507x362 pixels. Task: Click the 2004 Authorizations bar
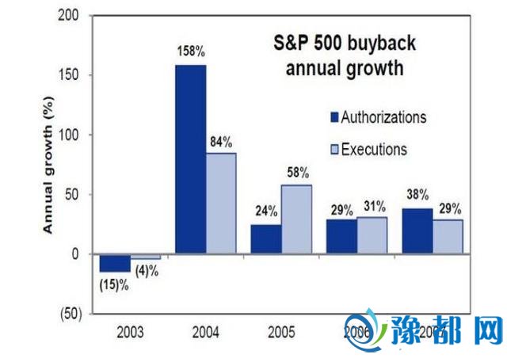pos(190,159)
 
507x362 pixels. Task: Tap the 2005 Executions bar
pos(297,219)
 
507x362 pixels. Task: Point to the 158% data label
pos(190,52)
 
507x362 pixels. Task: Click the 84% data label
pos(222,142)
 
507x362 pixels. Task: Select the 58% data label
pos(298,173)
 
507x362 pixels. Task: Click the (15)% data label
pos(113,284)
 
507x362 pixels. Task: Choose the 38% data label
pos(417,194)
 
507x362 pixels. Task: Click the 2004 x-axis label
pos(207,332)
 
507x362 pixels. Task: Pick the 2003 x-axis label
pos(130,332)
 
